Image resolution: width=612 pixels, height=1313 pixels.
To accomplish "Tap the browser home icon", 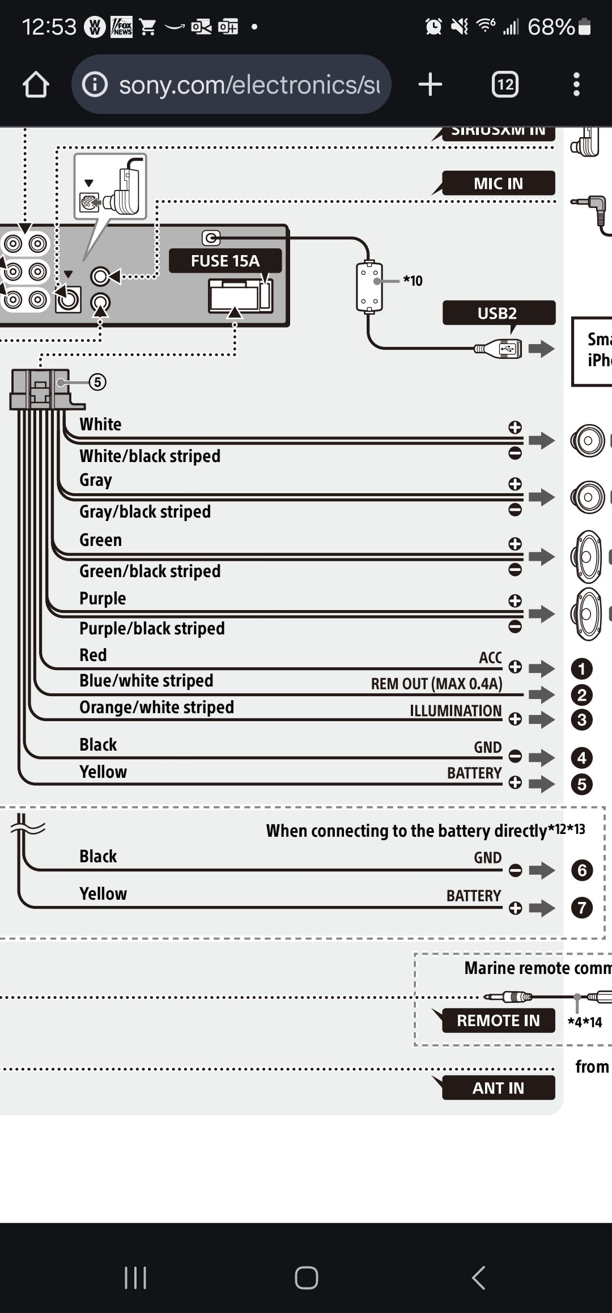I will [36, 85].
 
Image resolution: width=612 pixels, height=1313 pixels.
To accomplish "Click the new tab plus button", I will [430, 85].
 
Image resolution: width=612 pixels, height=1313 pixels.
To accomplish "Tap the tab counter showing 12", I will [505, 85].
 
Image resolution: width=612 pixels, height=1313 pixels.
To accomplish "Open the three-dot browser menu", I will [576, 85].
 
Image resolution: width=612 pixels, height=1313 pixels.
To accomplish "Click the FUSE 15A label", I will [225, 261].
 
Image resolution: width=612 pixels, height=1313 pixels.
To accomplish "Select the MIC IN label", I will [498, 184].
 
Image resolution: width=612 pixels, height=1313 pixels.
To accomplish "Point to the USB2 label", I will [497, 313].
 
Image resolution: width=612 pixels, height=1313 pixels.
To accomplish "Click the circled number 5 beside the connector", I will [97, 382].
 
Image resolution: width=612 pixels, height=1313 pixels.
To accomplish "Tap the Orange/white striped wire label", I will [156, 708].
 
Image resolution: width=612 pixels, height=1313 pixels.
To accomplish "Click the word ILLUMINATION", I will [456, 711].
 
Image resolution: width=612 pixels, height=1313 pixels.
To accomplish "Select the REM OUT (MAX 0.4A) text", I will [436, 684].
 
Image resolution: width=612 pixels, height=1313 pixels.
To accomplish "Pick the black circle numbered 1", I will [581, 669].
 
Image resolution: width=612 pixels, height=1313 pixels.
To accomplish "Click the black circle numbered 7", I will [581, 908].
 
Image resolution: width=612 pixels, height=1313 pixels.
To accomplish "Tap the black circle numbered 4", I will [581, 757].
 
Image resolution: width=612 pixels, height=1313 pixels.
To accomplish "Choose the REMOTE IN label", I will [498, 1020].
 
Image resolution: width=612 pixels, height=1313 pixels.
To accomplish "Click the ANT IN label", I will [498, 1088].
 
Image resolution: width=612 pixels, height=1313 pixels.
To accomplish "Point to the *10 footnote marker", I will [413, 281].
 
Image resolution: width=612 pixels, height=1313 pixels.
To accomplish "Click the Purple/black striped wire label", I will [152, 629].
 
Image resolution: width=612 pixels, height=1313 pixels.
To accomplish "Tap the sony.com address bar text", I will [249, 85].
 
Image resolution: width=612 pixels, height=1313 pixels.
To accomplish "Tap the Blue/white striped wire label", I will [146, 681].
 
